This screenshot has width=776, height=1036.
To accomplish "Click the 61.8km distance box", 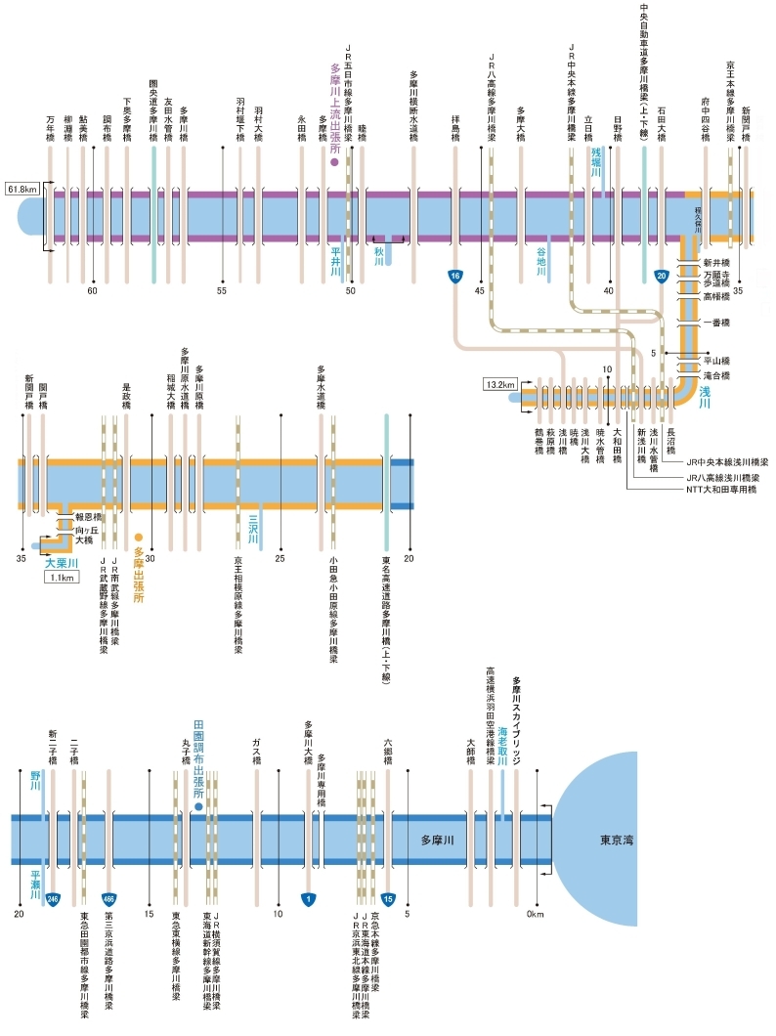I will pos(22,187).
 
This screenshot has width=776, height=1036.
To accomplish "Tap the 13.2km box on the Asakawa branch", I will pos(499,384).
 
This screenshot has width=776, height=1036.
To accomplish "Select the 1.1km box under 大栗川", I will pos(60,577).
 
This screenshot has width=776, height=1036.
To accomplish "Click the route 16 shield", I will pos(454,277).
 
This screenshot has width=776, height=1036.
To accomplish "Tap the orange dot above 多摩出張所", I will pos(139,537).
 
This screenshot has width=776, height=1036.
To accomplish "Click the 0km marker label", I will pos(534,914).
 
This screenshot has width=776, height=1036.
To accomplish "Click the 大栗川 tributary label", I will pos(60,562).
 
